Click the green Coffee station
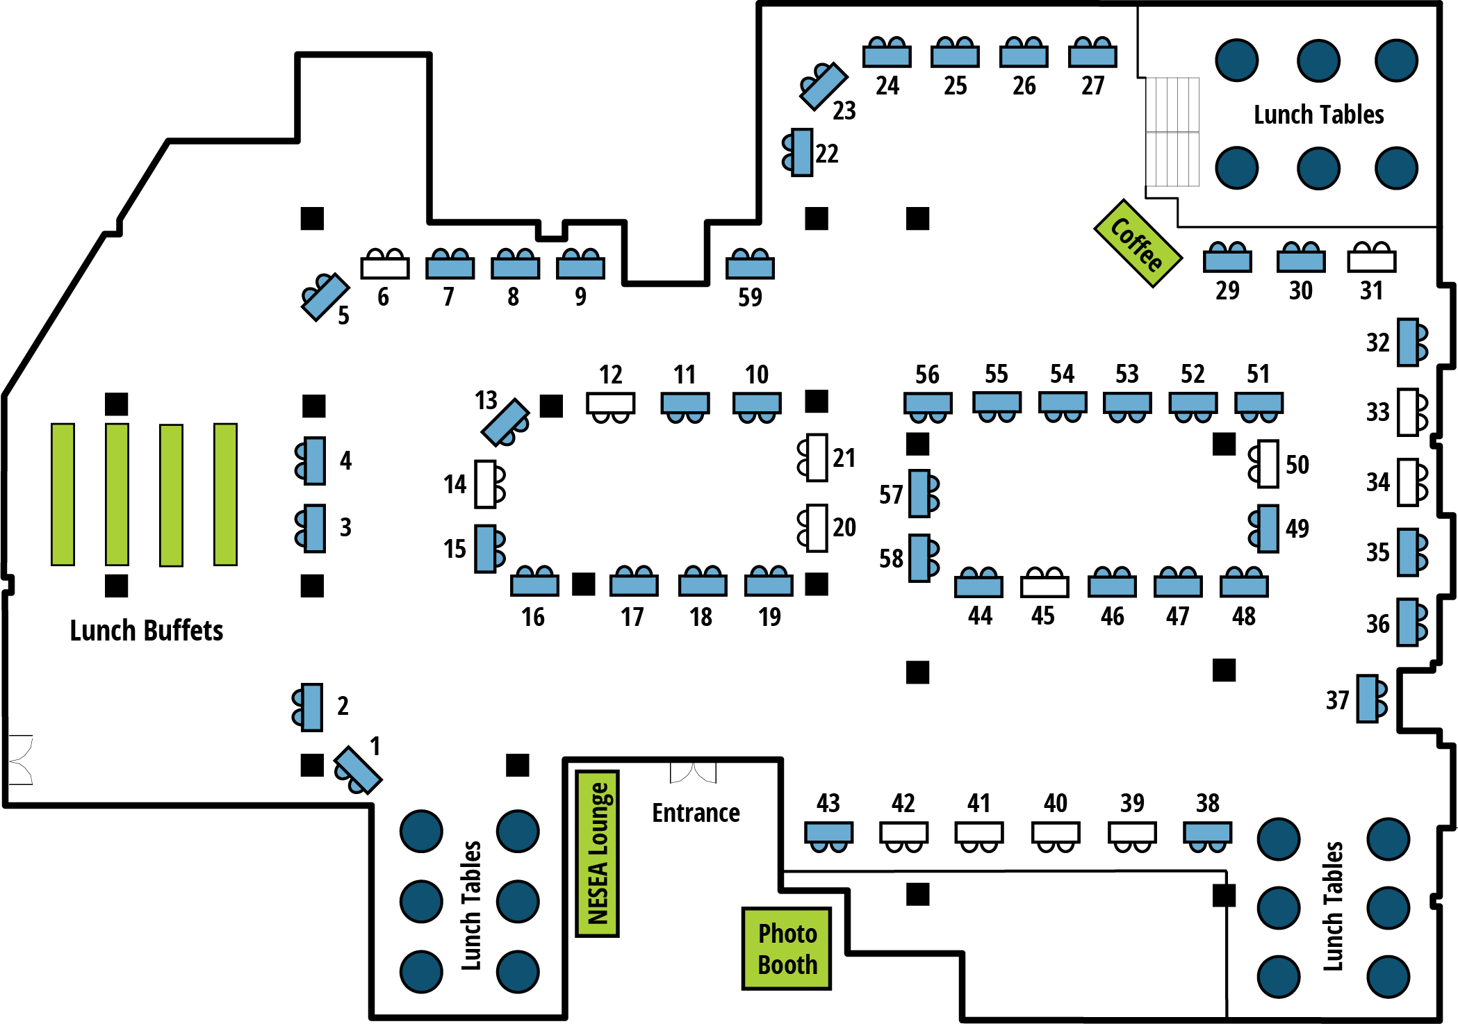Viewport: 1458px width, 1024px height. point(1137,243)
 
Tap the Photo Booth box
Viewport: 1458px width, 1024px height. point(787,948)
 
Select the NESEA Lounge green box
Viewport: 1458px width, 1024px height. point(598,853)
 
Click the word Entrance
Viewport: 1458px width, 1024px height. point(696,812)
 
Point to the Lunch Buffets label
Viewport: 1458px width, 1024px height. point(146,630)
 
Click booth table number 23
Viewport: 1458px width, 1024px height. point(824,87)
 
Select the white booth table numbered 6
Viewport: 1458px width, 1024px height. point(385,267)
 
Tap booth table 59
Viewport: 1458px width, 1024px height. point(750,267)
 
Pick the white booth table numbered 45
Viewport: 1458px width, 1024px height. point(1045,586)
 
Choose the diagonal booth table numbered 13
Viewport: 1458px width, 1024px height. point(505,422)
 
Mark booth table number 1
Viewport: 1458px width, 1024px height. point(359,768)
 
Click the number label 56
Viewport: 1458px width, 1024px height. point(927,374)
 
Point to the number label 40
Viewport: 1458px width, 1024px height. point(1055,804)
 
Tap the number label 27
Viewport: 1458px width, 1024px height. point(1092,85)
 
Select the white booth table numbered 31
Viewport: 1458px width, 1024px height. point(1371,261)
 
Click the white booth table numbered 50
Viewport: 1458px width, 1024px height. point(1268,463)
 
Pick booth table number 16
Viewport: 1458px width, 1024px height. point(534,585)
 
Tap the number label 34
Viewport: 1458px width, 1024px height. point(1377,482)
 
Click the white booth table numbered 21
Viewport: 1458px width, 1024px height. point(817,458)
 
